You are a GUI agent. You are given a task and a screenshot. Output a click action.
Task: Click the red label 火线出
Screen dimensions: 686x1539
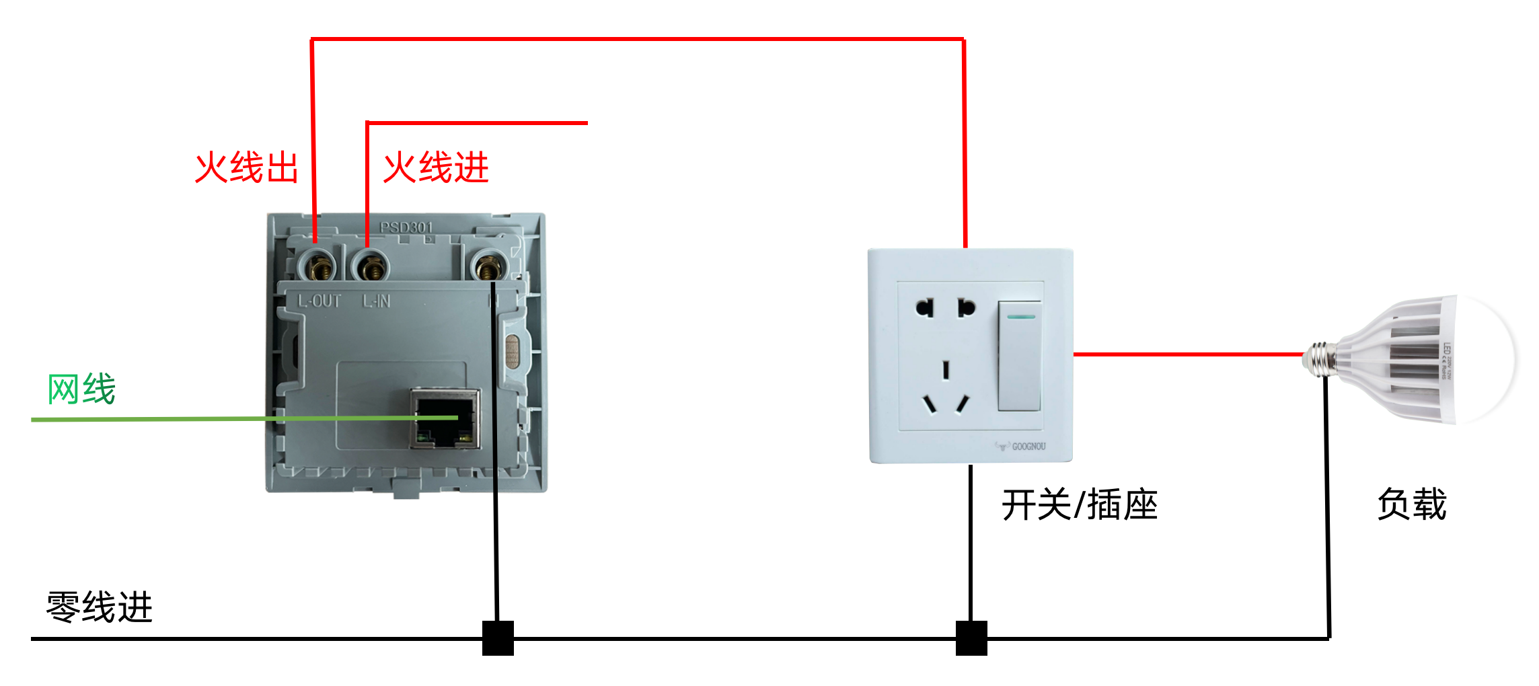(x=247, y=167)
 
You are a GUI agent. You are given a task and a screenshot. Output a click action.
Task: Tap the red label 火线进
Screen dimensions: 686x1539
(x=436, y=167)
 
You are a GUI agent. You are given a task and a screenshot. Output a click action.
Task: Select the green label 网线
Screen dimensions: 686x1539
(x=81, y=389)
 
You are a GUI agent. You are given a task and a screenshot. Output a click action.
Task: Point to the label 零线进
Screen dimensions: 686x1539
(x=100, y=607)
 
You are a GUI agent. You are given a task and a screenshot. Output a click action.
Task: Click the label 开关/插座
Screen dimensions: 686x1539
(x=1079, y=505)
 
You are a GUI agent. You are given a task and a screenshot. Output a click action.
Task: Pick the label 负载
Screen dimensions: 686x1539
(x=1411, y=504)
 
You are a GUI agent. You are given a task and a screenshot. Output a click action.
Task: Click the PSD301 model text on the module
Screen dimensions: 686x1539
(x=406, y=227)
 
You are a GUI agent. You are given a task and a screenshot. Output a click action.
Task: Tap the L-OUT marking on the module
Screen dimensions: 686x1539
(x=320, y=301)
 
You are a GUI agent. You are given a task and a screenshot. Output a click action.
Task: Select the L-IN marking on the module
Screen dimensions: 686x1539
(x=377, y=301)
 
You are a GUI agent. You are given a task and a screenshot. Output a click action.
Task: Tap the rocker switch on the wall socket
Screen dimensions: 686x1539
(x=1019, y=356)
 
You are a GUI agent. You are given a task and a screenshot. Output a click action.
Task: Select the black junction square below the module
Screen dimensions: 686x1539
(x=498, y=638)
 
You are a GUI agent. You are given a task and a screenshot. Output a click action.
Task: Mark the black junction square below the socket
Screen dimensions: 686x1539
(x=971, y=638)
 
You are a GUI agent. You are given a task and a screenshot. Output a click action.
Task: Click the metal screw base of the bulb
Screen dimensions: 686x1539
(x=1320, y=358)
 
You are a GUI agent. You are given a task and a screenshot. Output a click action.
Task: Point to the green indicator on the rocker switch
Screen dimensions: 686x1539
(x=1021, y=316)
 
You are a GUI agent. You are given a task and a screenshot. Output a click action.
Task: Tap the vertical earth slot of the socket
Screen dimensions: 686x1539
(x=946, y=370)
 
